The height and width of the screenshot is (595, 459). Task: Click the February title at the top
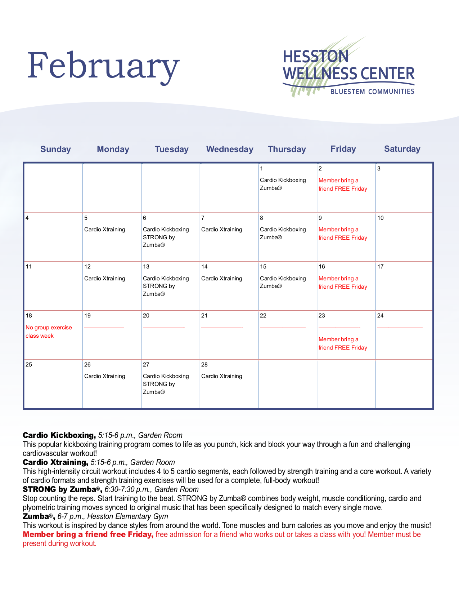tap(103, 66)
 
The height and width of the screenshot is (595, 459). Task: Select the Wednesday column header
tap(230, 149)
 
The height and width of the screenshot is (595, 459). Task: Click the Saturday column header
tap(402, 149)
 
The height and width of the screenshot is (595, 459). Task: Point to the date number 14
tap(204, 267)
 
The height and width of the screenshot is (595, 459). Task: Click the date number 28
tap(204, 364)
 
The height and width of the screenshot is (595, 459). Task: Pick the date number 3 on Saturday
tap(379, 169)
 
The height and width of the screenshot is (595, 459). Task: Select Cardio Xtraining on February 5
tap(105, 230)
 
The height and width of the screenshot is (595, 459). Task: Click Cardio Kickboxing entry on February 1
tap(283, 180)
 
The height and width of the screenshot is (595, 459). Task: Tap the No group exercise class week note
tap(49, 332)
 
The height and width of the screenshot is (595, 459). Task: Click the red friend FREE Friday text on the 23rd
tap(343, 348)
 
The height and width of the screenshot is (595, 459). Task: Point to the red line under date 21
tap(222, 328)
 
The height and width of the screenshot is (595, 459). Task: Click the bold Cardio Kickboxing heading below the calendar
tap(59, 435)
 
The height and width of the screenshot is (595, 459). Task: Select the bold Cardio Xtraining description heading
tap(55, 462)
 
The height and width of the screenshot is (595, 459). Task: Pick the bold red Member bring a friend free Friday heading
tap(88, 534)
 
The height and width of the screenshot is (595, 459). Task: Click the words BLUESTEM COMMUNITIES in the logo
tap(372, 92)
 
